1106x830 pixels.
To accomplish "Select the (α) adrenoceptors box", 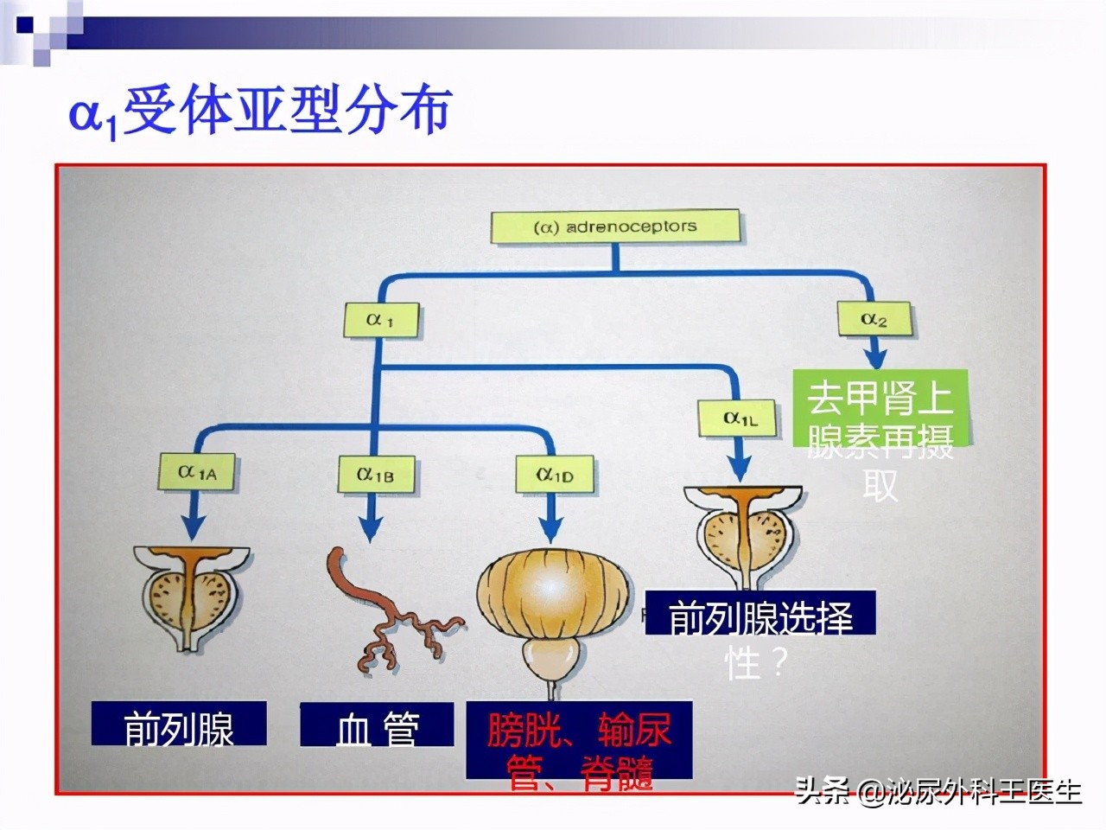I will tap(615, 227).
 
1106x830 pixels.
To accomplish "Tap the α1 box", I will tap(380, 320).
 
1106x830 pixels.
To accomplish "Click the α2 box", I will tap(874, 320).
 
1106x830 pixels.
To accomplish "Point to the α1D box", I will tap(554, 475).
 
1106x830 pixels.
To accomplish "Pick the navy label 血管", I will tap(377, 726).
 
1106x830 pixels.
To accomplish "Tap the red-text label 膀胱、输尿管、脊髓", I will tap(579, 748).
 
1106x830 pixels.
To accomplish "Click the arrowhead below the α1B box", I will tap(372, 529).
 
